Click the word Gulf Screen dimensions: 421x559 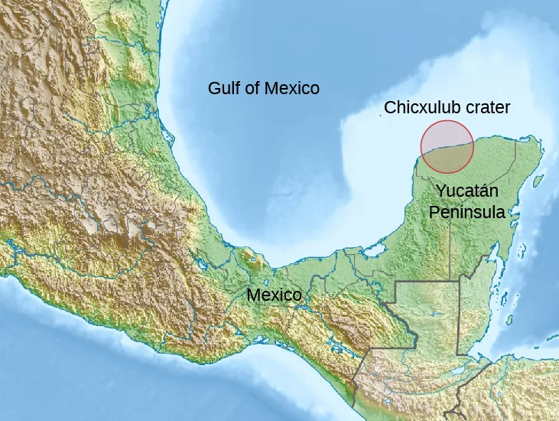coord(223,88)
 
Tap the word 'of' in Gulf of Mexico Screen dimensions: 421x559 coord(252,88)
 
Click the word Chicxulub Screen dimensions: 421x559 coord(419,107)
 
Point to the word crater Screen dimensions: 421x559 coord(486,107)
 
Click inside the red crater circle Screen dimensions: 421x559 coord(447,146)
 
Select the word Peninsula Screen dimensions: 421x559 coord(466,212)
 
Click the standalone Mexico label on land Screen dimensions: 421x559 coord(274,295)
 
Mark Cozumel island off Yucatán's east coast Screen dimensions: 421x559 coord(535,182)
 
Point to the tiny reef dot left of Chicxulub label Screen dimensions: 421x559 coord(383,116)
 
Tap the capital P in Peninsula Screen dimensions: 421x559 coord(434,212)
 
